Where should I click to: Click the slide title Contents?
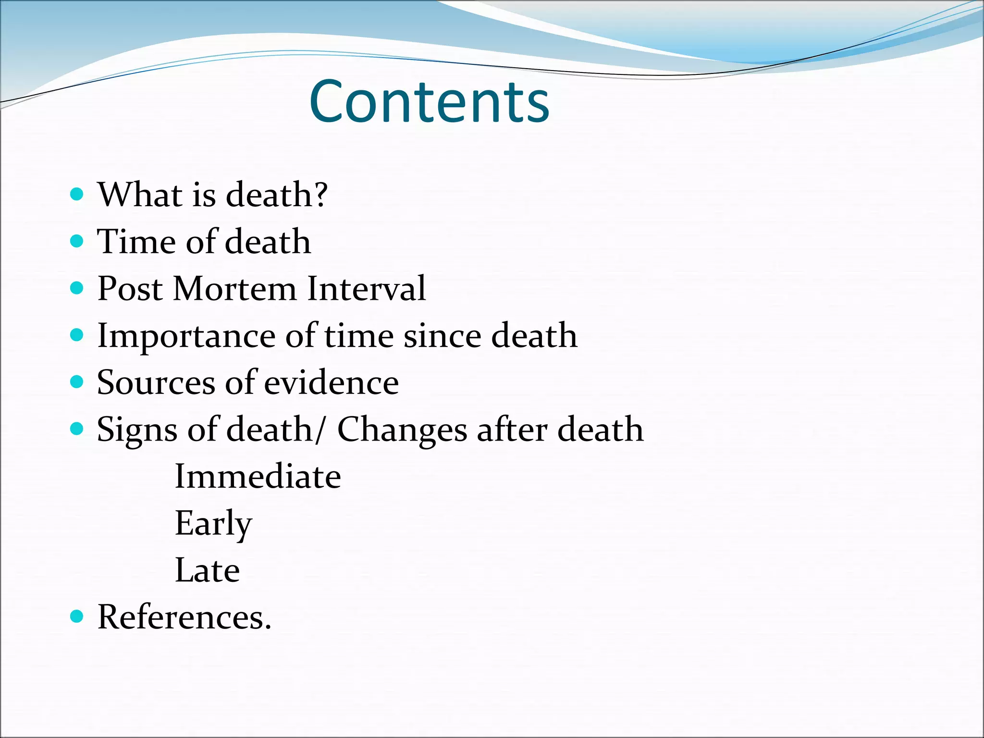click(x=429, y=102)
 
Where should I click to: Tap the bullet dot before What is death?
click(x=77, y=195)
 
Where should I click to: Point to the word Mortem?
click(x=235, y=288)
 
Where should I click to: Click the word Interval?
click(x=366, y=288)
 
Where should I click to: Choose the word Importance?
click(x=186, y=336)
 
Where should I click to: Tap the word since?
click(x=442, y=336)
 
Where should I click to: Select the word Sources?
click(x=156, y=383)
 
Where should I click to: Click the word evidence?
click(x=331, y=383)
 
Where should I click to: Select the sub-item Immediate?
click(x=258, y=476)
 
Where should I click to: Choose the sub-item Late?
click(x=207, y=570)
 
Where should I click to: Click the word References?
click(x=180, y=616)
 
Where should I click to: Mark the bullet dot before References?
click(x=77, y=615)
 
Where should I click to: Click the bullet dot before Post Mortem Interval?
click(x=77, y=288)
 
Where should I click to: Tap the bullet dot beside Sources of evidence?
click(x=77, y=382)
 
